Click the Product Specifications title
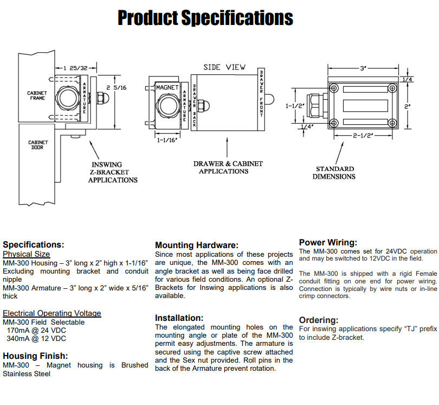pyautogui.click(x=205, y=18)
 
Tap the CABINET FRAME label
pyautogui.click(x=37, y=95)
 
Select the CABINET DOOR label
pyautogui.click(x=38, y=144)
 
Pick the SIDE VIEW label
pyautogui.click(x=224, y=67)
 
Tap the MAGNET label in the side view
pyautogui.click(x=167, y=87)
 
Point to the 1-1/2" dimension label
pyautogui.click(x=295, y=106)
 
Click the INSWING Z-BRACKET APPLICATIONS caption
pyautogui.click(x=113, y=172)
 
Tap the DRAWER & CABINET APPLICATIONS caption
pyautogui.click(x=228, y=167)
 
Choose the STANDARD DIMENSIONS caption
pyautogui.click(x=335, y=173)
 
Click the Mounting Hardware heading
pyautogui.click(x=196, y=245)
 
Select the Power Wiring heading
pyautogui.click(x=328, y=242)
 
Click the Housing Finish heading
pyautogui.click(x=35, y=356)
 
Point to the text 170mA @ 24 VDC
pyautogui.click(x=36, y=330)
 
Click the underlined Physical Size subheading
pyautogui.click(x=26, y=254)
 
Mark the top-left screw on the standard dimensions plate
pyautogui.click(x=334, y=88)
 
